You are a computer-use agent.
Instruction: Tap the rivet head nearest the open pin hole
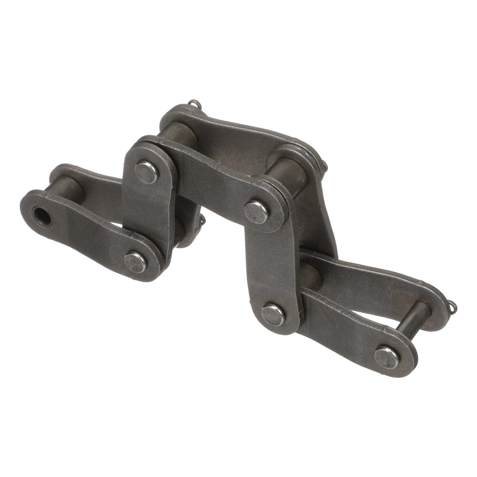pyautogui.click(x=134, y=260)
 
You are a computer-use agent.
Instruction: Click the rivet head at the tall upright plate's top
pyautogui.click(x=256, y=211)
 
